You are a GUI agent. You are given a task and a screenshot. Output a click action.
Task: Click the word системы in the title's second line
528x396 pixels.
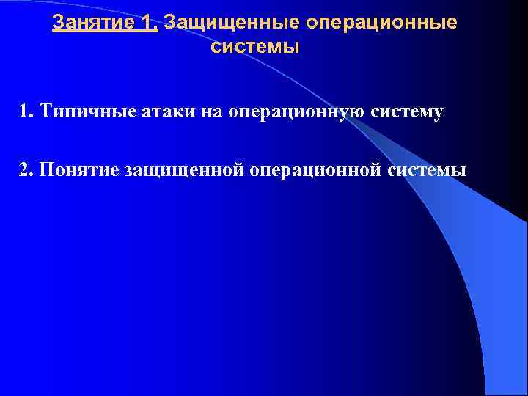coord(255,48)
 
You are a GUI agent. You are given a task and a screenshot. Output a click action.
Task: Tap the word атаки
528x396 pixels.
coord(153,111)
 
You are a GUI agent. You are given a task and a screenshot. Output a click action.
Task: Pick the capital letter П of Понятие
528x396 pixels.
coord(48,170)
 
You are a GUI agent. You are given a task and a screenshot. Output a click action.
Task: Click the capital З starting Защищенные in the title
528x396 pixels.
coord(171,23)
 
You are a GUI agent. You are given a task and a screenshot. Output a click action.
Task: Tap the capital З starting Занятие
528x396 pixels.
coord(58,23)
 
